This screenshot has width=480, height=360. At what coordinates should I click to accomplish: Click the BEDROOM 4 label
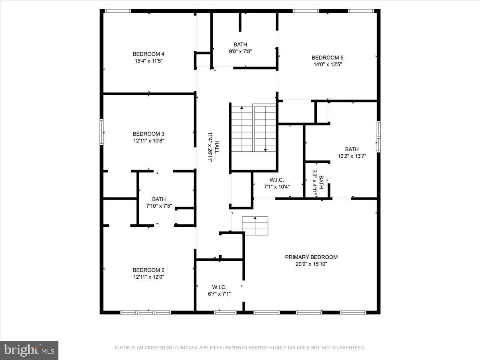[x=148, y=54]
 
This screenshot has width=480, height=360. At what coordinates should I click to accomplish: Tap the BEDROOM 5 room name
[x=328, y=57]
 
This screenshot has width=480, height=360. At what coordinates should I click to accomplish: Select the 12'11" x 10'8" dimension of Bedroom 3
[x=148, y=140]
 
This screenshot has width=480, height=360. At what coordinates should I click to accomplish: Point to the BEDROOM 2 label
[x=148, y=270]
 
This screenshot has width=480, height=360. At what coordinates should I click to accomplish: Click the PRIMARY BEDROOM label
[x=311, y=257]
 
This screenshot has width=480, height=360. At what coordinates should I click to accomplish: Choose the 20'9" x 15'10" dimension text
[x=311, y=264]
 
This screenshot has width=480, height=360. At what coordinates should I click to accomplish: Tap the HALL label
[x=216, y=146]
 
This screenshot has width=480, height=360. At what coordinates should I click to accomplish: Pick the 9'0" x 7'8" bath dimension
[x=240, y=51]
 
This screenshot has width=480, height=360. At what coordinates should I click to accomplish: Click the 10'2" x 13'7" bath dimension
[x=352, y=156]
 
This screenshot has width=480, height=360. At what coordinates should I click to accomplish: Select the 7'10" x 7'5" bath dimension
[x=159, y=206]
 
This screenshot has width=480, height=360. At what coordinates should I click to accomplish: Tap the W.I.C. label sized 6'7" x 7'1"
[x=219, y=287]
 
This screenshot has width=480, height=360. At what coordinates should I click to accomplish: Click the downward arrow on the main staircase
[x=265, y=149]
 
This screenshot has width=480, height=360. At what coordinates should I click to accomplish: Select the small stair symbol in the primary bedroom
[x=255, y=226]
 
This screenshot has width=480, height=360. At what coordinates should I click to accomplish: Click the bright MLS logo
[x=29, y=350]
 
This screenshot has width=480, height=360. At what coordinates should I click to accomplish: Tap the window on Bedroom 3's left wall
[x=102, y=132]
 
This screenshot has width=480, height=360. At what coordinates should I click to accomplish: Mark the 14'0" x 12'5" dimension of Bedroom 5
[x=328, y=64]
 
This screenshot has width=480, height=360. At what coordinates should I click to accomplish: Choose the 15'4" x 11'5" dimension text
[x=148, y=61]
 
